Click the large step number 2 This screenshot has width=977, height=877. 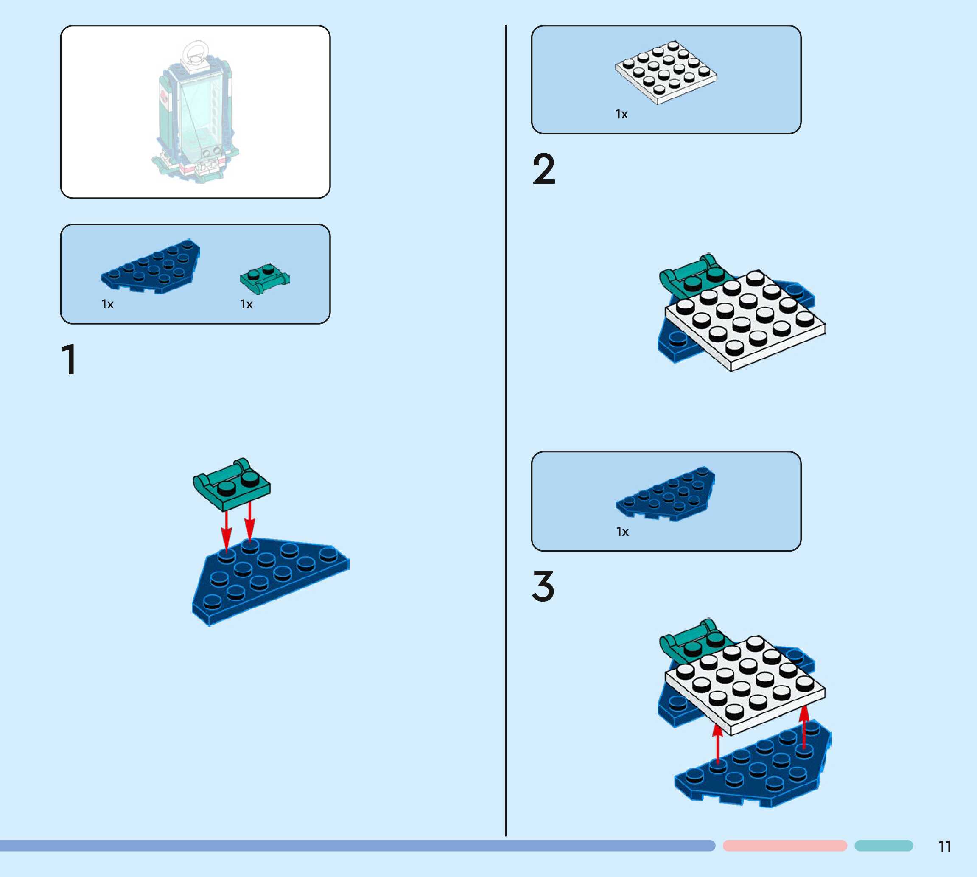point(544,169)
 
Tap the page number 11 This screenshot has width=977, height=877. point(945,846)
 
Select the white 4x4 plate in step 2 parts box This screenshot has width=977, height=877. point(666,72)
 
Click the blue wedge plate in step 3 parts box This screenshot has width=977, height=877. point(666,494)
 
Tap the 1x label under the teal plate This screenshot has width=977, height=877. point(246,304)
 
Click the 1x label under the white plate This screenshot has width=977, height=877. point(621,114)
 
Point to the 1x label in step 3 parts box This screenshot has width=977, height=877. point(622,532)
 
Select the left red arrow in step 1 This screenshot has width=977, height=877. point(226,530)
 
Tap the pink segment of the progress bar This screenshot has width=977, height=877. point(784,845)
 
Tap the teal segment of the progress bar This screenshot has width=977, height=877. point(884,845)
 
